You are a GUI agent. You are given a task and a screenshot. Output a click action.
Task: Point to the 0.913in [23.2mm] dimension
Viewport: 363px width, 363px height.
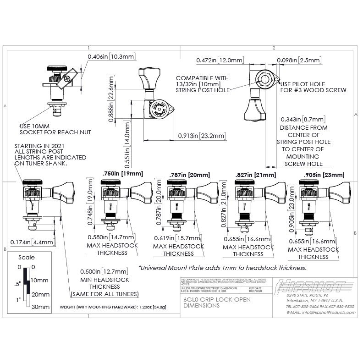coord(202,136)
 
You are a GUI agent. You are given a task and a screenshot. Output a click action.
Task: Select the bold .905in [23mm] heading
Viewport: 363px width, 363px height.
coord(323,175)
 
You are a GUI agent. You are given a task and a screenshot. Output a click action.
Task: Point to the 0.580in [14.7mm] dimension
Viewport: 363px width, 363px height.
coord(111,237)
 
